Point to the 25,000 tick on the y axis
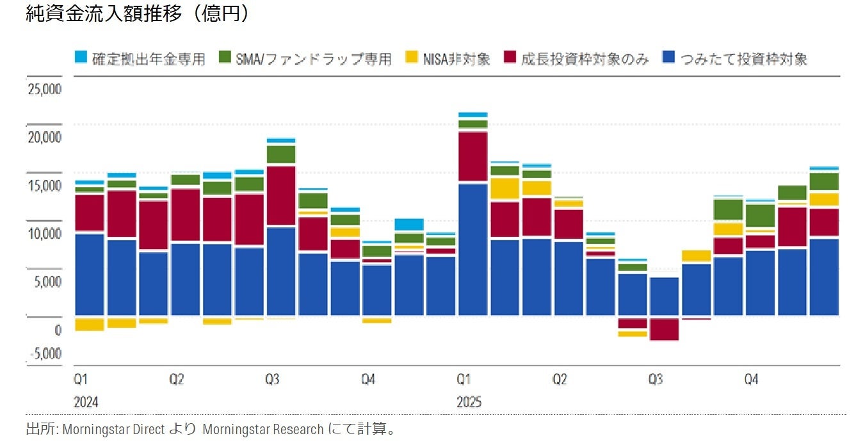pos(44,89)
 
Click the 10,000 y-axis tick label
pos(44,234)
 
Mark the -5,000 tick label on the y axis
pos(44,354)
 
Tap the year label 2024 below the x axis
pos(86,403)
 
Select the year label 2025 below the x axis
pos(469,403)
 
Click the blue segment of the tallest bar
pos(472,250)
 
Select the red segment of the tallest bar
pos(472,156)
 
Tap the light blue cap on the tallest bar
pos(472,115)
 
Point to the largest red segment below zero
pos(664,329)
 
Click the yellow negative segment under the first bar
pos(90,324)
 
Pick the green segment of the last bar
pos(823,182)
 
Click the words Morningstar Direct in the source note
pos(113,429)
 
